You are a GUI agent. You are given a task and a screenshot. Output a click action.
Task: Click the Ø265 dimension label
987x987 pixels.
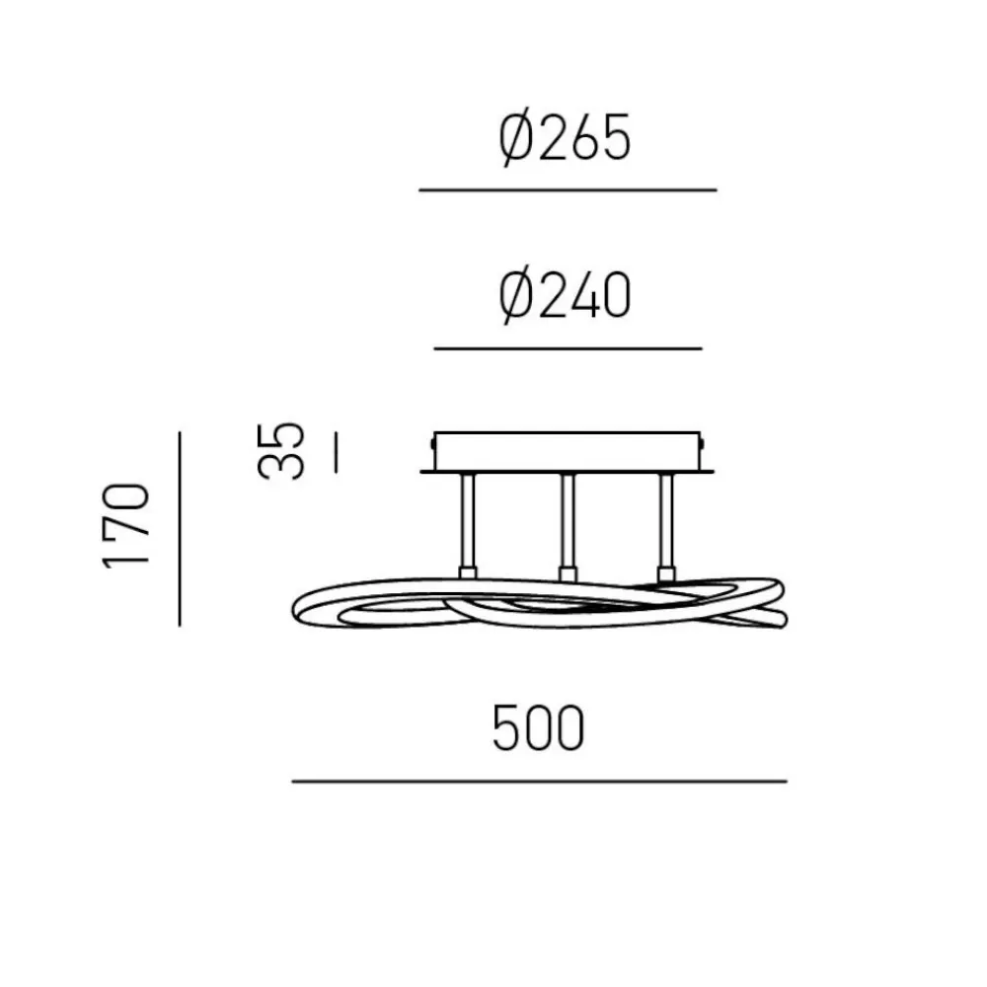565,139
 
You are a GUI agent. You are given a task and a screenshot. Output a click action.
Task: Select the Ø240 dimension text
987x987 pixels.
565,296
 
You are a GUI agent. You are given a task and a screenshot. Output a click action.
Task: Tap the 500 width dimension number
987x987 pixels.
538,728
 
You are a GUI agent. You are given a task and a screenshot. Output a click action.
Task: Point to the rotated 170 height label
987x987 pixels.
126,526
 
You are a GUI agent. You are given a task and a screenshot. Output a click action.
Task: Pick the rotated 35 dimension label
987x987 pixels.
280,451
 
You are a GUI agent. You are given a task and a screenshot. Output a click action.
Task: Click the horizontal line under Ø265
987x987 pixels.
568,190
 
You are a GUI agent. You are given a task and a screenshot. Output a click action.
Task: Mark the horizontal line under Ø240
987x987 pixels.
568,348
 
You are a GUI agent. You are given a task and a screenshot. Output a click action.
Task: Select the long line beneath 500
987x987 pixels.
540,781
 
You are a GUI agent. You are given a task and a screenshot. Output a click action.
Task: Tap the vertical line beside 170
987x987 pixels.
180,529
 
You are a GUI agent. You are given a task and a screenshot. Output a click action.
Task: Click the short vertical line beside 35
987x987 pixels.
337,452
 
